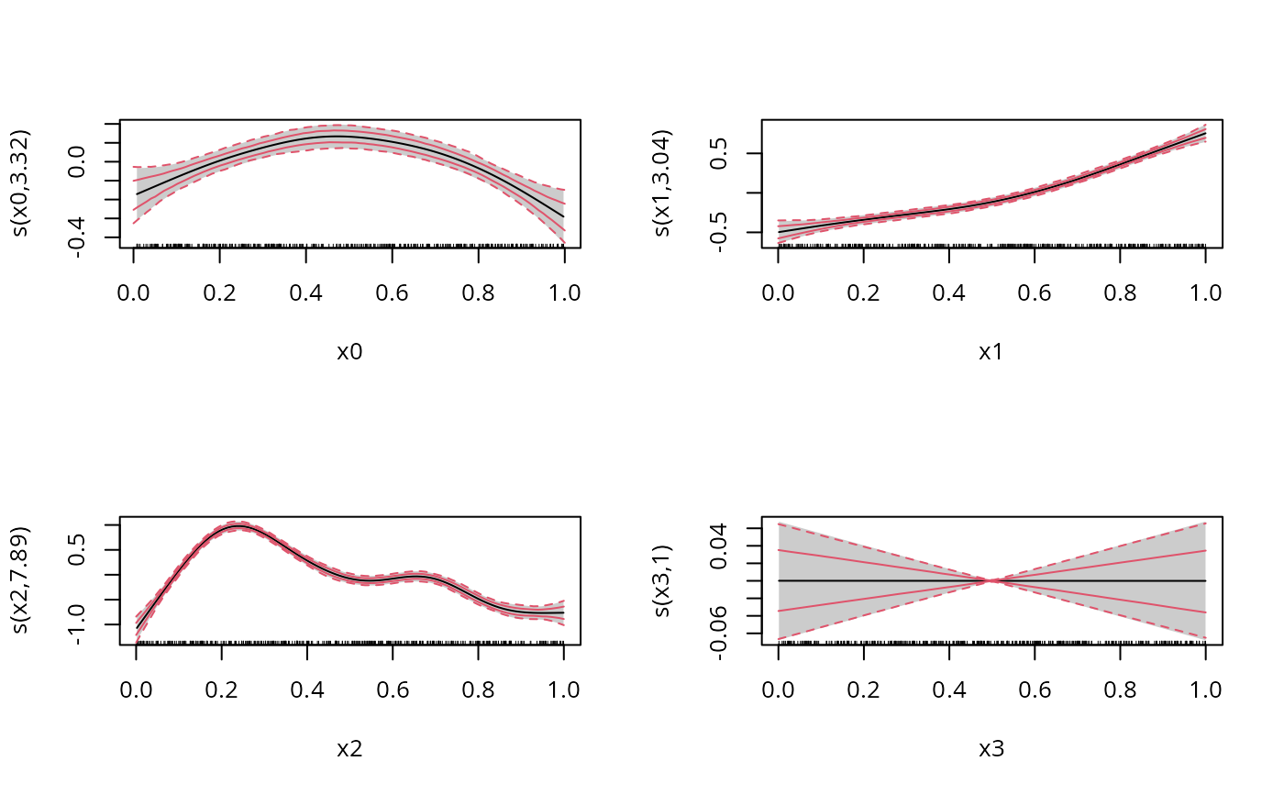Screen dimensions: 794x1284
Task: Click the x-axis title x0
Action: pyautogui.click(x=349, y=352)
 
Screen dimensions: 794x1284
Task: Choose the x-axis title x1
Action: pyautogui.click(x=991, y=352)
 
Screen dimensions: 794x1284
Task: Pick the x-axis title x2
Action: pyautogui.click(x=349, y=749)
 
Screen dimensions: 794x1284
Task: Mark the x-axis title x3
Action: pyautogui.click(x=991, y=749)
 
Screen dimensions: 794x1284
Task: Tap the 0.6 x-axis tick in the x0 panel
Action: pyautogui.click(x=393, y=292)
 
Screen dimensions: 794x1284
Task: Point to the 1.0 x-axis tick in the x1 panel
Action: pyautogui.click(x=1205, y=292)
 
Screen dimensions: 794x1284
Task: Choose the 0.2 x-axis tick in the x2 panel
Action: pyautogui.click(x=221, y=689)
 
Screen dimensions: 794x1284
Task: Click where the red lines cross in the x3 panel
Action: pyautogui.click(x=991, y=580)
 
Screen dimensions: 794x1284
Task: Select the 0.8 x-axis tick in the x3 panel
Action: pyautogui.click(x=1120, y=689)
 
